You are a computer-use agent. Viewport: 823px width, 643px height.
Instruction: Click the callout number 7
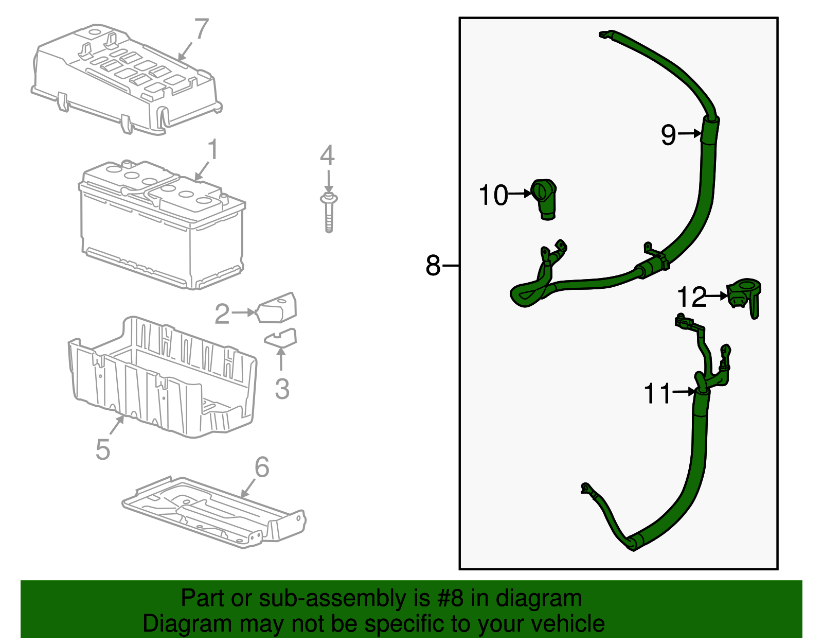point(201,29)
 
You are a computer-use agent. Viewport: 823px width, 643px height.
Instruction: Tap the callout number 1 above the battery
point(212,150)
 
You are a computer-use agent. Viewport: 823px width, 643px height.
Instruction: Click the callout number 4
point(327,155)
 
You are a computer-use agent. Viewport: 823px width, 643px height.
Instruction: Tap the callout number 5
point(103,449)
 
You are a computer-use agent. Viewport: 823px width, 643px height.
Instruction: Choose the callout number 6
point(262,467)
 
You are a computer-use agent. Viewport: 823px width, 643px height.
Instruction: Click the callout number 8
point(433,266)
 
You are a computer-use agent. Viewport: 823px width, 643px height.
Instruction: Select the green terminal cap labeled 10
point(545,198)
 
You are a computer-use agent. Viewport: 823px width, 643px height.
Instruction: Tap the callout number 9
point(668,134)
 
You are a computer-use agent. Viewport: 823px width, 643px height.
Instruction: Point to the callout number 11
point(657,393)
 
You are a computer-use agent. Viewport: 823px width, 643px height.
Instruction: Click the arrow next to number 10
point(520,194)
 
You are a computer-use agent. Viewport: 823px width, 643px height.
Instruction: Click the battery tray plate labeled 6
point(216,512)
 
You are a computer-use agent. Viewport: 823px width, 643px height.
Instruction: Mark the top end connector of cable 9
point(606,35)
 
